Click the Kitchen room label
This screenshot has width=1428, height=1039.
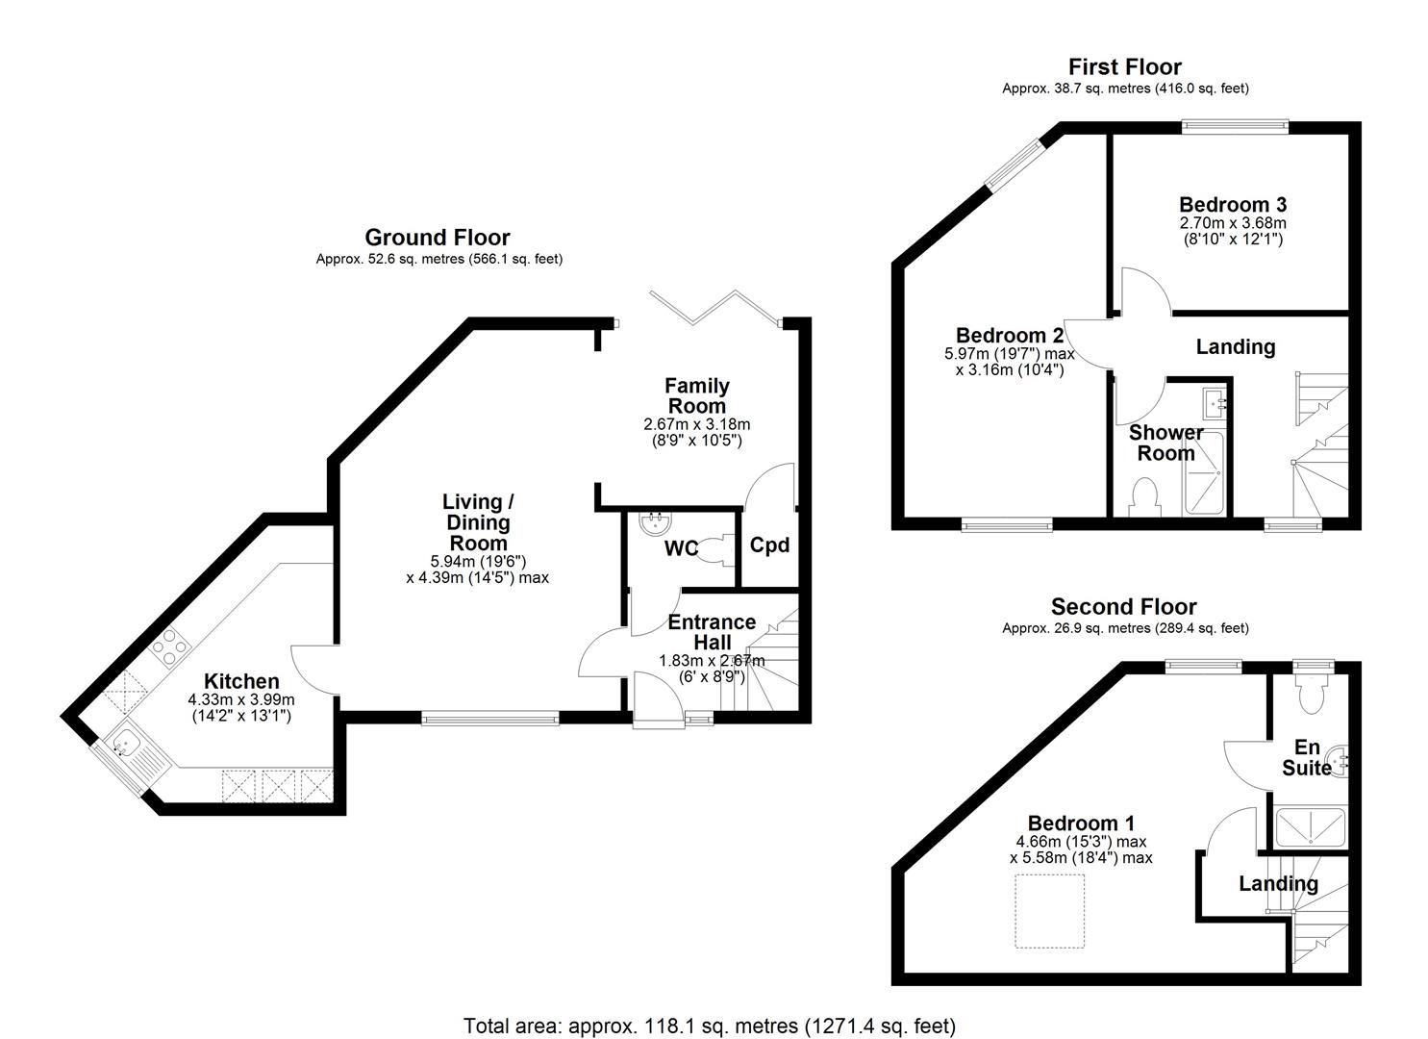click(x=241, y=681)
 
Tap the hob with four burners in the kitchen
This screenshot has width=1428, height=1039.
click(x=167, y=646)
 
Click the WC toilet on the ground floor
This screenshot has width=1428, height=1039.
click(x=714, y=549)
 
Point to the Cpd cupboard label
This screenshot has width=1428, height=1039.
click(x=769, y=545)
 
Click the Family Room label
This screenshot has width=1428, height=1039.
click(x=696, y=395)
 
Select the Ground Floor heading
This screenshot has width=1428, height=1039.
click(x=438, y=238)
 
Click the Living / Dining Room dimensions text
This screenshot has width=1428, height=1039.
click(x=478, y=570)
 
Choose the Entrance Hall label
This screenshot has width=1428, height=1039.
click(x=712, y=632)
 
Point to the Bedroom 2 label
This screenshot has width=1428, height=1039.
click(x=1009, y=336)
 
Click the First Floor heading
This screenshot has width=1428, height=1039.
click(x=1125, y=66)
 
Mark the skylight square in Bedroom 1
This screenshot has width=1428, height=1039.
click(x=1050, y=910)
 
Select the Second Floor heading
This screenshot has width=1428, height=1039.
click(x=1123, y=607)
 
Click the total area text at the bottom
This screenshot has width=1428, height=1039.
click(x=710, y=1026)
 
